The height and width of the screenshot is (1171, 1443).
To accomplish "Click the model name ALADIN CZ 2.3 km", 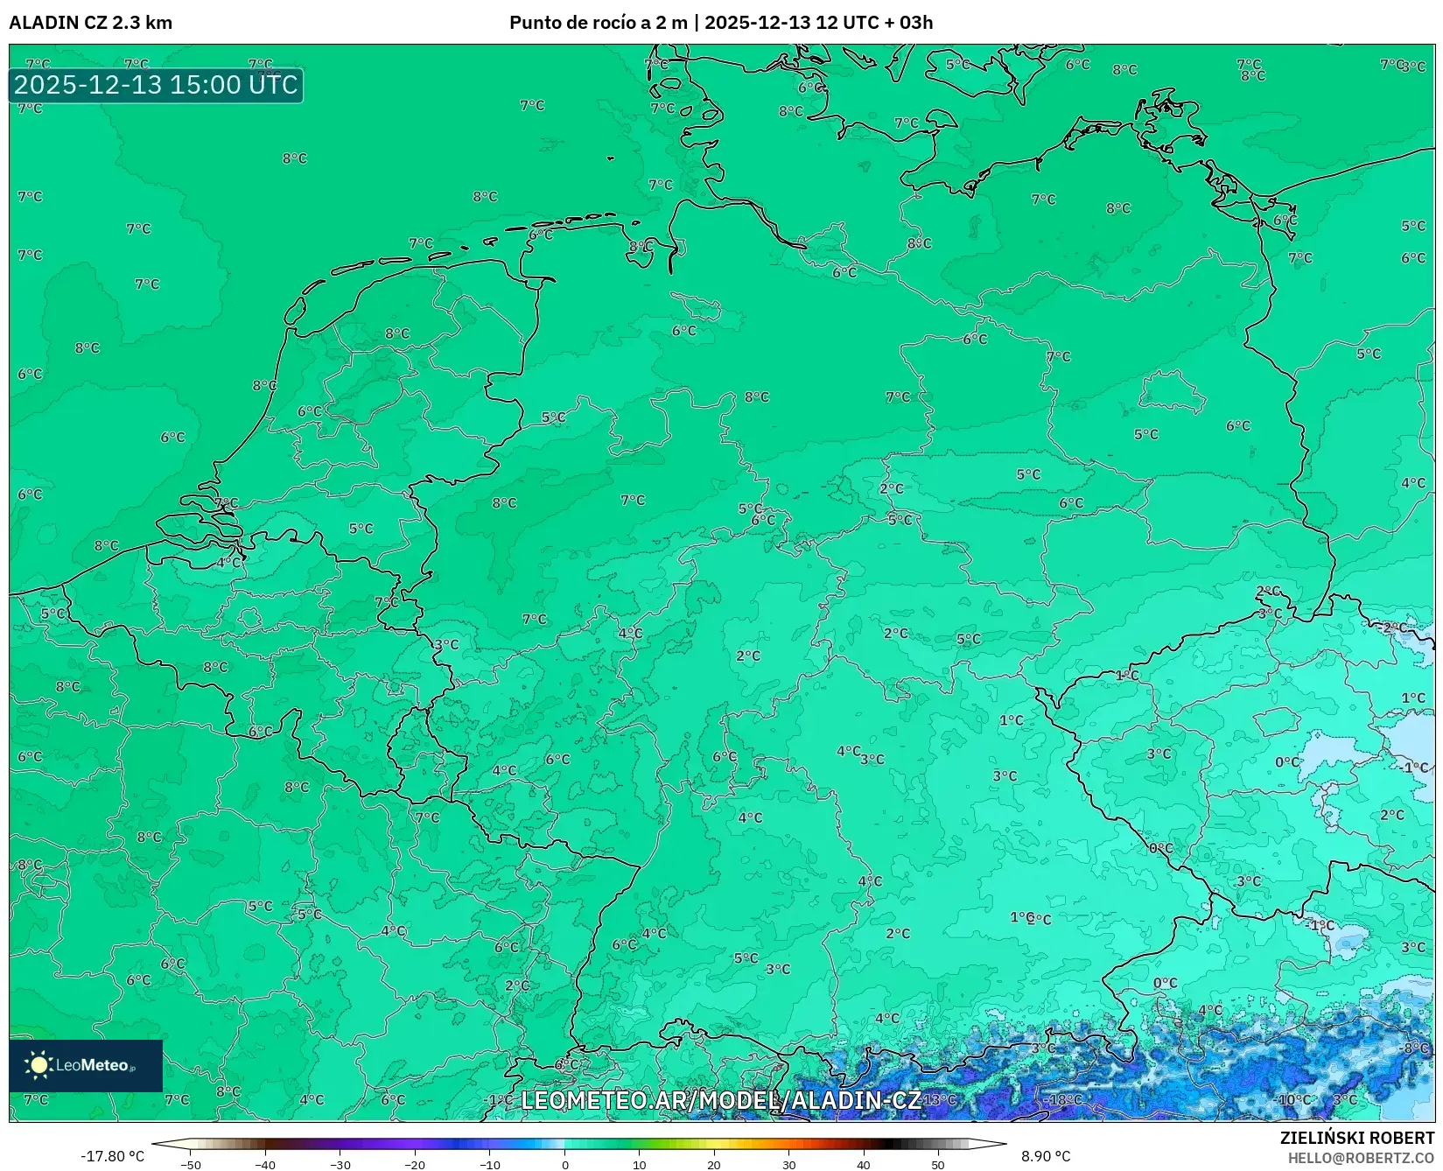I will tap(90, 23).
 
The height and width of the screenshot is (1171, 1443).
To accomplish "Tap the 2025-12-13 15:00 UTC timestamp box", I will tap(156, 85).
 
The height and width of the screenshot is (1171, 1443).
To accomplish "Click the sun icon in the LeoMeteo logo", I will tap(39, 1064).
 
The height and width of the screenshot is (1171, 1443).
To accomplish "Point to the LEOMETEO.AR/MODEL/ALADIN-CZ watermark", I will tap(720, 1100).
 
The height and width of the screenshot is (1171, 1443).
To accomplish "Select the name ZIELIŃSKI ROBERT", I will tap(1356, 1138).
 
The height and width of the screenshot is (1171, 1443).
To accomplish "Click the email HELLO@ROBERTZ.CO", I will tap(1361, 1158).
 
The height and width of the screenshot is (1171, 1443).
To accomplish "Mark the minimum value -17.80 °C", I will tap(112, 1156).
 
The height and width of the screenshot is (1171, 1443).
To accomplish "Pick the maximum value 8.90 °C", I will tap(1046, 1156).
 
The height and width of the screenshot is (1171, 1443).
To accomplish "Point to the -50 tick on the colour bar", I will tap(191, 1164).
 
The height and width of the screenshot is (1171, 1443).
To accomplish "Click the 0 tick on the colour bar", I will tap(564, 1164).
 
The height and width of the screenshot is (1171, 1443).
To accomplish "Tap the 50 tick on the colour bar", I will tap(938, 1164).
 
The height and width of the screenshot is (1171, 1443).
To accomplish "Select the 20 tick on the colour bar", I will tap(714, 1164).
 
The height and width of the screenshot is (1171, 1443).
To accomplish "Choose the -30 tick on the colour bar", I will tap(340, 1164).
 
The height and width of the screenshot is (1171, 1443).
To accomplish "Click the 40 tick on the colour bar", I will tap(864, 1164).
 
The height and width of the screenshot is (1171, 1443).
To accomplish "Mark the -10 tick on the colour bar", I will tap(490, 1164).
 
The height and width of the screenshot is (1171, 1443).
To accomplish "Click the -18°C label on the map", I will tap(1065, 1099).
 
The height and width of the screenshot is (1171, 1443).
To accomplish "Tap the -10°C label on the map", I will tap(1293, 1099).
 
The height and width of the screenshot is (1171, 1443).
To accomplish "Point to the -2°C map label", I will tap(1394, 628).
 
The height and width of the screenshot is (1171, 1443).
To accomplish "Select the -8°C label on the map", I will tap(1415, 1048).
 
